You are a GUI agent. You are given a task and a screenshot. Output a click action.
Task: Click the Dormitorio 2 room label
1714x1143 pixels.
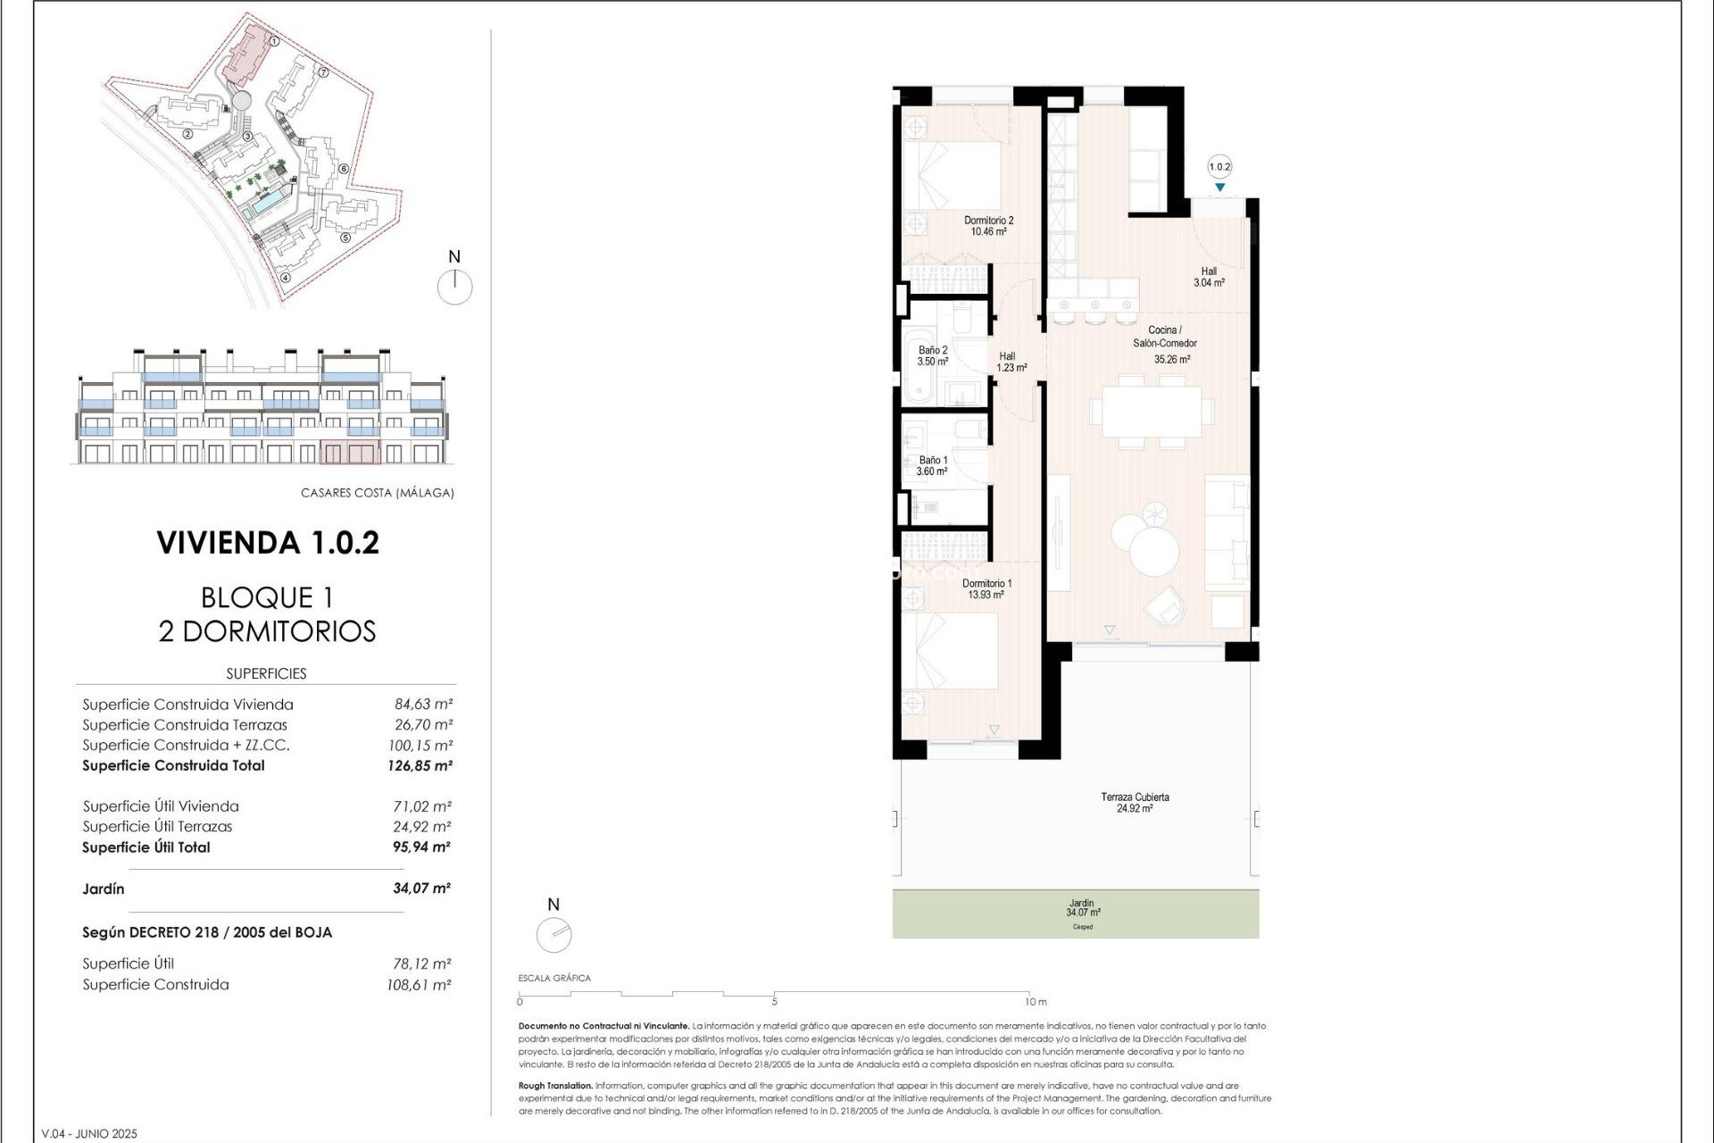point(988,226)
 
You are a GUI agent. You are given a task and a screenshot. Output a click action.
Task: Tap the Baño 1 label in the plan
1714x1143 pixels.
point(932,465)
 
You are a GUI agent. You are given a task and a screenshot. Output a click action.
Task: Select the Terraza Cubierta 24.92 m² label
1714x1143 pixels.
point(1134,803)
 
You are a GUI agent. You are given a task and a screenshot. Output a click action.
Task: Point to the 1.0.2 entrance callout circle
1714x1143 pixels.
point(1219,167)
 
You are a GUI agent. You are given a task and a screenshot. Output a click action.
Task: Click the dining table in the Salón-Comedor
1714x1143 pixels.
point(1151,411)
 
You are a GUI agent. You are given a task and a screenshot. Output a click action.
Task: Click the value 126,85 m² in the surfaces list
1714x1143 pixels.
point(420,765)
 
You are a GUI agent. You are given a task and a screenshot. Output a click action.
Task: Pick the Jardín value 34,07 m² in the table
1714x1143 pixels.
point(421,889)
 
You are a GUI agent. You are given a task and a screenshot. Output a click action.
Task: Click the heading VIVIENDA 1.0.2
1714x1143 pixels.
point(268,543)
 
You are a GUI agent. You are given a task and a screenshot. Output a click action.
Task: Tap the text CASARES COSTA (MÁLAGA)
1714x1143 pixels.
point(377,493)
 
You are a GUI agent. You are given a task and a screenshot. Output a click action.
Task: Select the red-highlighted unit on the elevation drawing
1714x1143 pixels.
point(349,452)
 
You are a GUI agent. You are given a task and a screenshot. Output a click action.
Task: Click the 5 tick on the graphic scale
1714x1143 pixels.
point(774,1000)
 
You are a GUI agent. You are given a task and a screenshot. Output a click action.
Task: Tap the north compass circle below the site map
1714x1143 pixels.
point(455,288)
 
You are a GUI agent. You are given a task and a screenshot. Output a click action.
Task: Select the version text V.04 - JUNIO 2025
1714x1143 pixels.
point(89,1134)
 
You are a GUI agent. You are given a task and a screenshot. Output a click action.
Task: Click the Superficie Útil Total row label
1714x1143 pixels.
point(146,847)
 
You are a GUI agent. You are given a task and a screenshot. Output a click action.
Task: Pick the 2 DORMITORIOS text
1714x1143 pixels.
point(267,631)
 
